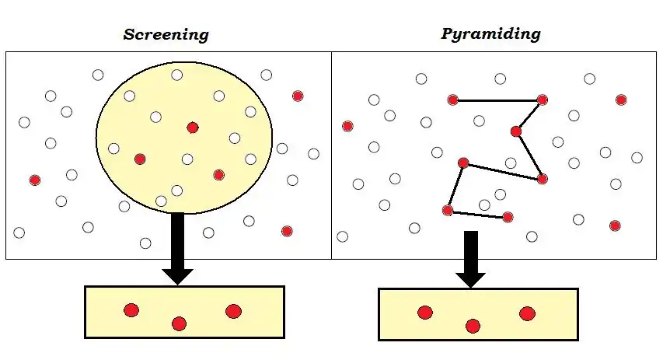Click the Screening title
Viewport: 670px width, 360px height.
click(x=166, y=34)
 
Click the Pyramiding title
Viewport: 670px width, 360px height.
click(x=490, y=33)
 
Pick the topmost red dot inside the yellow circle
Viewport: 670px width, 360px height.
click(x=193, y=127)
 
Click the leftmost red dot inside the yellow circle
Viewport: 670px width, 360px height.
click(x=140, y=159)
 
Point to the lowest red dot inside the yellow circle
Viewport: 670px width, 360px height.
click(x=219, y=175)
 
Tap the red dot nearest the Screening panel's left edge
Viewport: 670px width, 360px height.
click(x=34, y=180)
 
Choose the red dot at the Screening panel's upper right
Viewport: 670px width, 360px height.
click(x=298, y=96)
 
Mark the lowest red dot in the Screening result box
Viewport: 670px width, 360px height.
click(x=179, y=323)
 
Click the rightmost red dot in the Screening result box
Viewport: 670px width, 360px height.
click(x=233, y=311)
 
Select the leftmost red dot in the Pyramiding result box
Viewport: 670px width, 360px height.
click(x=424, y=313)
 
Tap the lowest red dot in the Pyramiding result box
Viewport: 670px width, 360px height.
click(x=473, y=326)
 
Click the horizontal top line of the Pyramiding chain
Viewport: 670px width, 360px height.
click(x=497, y=100)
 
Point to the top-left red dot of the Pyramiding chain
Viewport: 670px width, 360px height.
click(x=452, y=100)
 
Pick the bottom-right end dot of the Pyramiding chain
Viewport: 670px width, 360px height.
click(x=508, y=217)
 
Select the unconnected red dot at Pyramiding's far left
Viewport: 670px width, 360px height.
click(x=347, y=126)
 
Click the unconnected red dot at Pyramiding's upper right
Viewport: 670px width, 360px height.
click(x=621, y=100)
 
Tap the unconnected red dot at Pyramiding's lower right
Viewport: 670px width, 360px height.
click(x=615, y=225)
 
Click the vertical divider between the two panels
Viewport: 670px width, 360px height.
click(x=332, y=156)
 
